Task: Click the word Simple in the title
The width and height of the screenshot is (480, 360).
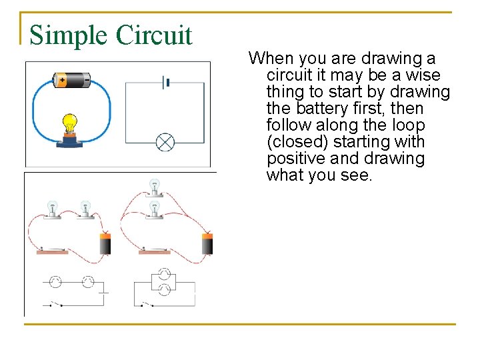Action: point(69,35)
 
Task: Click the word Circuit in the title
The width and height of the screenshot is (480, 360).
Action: point(155,35)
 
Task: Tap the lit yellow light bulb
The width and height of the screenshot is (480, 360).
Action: point(69,123)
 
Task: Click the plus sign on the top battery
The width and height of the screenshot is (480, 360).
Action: point(62,80)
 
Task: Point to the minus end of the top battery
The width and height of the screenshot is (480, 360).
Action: point(89,80)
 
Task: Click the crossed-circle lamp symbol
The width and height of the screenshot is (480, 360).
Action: point(165,142)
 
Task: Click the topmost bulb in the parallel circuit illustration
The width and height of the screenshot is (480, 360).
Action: point(155,186)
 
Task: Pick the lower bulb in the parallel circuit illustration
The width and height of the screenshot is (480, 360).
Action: point(155,209)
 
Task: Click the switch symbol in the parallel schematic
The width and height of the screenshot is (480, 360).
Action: point(147,304)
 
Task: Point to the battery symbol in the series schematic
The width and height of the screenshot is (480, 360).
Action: point(103,291)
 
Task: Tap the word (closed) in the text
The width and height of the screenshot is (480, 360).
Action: point(297,142)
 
